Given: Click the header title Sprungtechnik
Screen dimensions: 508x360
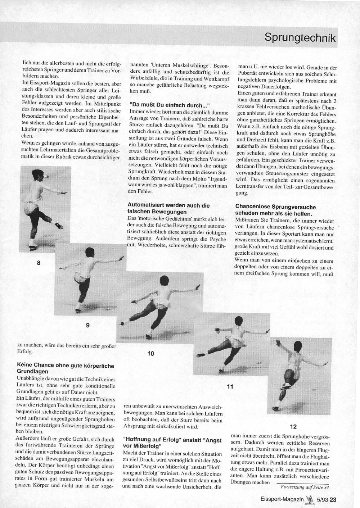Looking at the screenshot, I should (300, 37).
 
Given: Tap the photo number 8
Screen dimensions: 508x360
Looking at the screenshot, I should (39, 263).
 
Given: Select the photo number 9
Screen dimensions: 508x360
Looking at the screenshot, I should (87, 325).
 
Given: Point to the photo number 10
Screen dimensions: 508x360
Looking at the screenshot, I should (150, 354).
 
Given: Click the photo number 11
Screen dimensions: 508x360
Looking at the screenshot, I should (230, 387).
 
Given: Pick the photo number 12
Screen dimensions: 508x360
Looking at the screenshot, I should (293, 426).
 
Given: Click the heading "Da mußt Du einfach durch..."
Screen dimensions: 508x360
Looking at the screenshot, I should (169, 105).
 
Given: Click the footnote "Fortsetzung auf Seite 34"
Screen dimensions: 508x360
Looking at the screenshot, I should (305, 487).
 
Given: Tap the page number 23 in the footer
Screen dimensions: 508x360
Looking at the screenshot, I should (333, 499).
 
